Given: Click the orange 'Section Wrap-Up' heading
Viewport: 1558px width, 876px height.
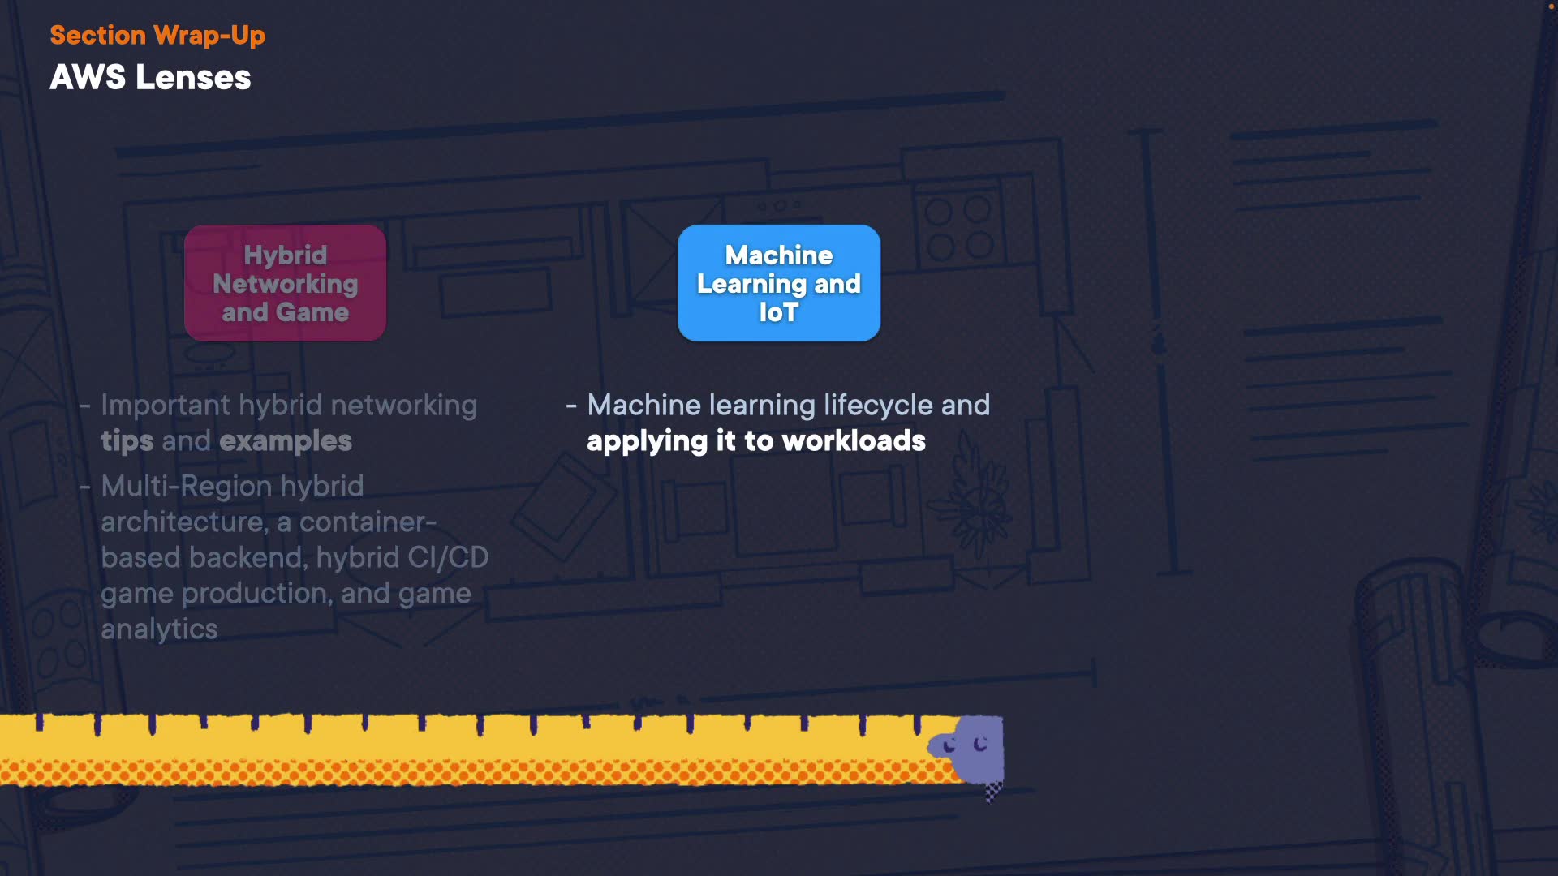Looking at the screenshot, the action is point(157,36).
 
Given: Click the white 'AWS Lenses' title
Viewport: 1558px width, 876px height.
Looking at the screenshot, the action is point(150,78).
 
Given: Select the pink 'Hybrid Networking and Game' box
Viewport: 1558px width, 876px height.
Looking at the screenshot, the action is point(286,283).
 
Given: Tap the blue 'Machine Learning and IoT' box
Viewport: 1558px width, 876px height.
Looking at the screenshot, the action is point(779,283).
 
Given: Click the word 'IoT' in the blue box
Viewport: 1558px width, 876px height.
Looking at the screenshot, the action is point(779,312).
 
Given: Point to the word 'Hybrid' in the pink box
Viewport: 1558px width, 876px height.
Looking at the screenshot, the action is point(286,255).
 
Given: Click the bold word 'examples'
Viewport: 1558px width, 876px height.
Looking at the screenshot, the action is point(286,441).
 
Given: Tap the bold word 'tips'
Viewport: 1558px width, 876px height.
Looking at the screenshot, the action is point(127,441).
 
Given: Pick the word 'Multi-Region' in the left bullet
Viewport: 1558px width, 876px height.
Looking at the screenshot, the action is point(187,486).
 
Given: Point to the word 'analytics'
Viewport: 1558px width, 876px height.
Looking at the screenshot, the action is point(159,629).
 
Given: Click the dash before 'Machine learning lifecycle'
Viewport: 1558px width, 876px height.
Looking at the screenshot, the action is point(571,405).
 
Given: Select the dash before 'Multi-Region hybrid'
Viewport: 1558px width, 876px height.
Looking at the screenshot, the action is point(85,487).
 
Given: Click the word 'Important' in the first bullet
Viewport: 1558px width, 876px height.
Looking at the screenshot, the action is point(166,406).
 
